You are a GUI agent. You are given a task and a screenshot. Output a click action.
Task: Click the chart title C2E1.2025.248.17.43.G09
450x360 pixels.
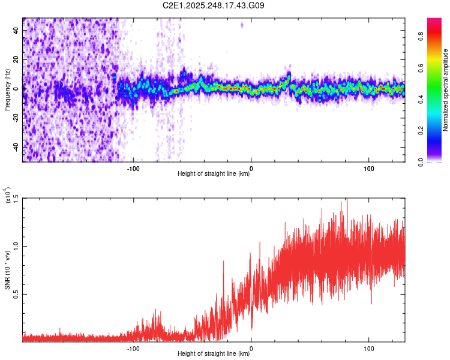214,5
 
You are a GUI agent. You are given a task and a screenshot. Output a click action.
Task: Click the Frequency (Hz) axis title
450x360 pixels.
7,90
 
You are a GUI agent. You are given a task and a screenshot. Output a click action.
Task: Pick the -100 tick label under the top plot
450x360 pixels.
133,168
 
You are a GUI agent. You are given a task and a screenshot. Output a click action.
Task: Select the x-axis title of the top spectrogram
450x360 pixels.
214,174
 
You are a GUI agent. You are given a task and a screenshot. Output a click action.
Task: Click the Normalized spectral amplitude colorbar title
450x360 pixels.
446,90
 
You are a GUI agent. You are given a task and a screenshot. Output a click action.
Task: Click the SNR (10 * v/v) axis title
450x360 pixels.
8,270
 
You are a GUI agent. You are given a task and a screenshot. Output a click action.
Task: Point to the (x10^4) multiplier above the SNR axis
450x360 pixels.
8,196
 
